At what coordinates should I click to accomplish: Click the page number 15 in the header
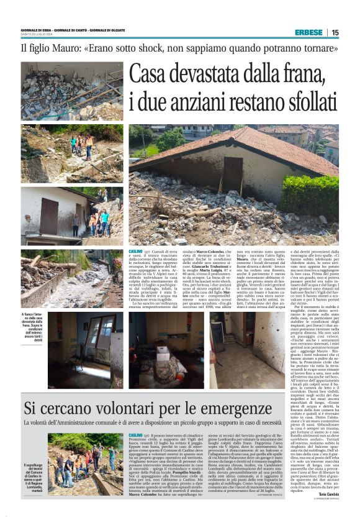click(353, 32)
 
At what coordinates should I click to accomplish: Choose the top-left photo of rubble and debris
click(71, 91)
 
